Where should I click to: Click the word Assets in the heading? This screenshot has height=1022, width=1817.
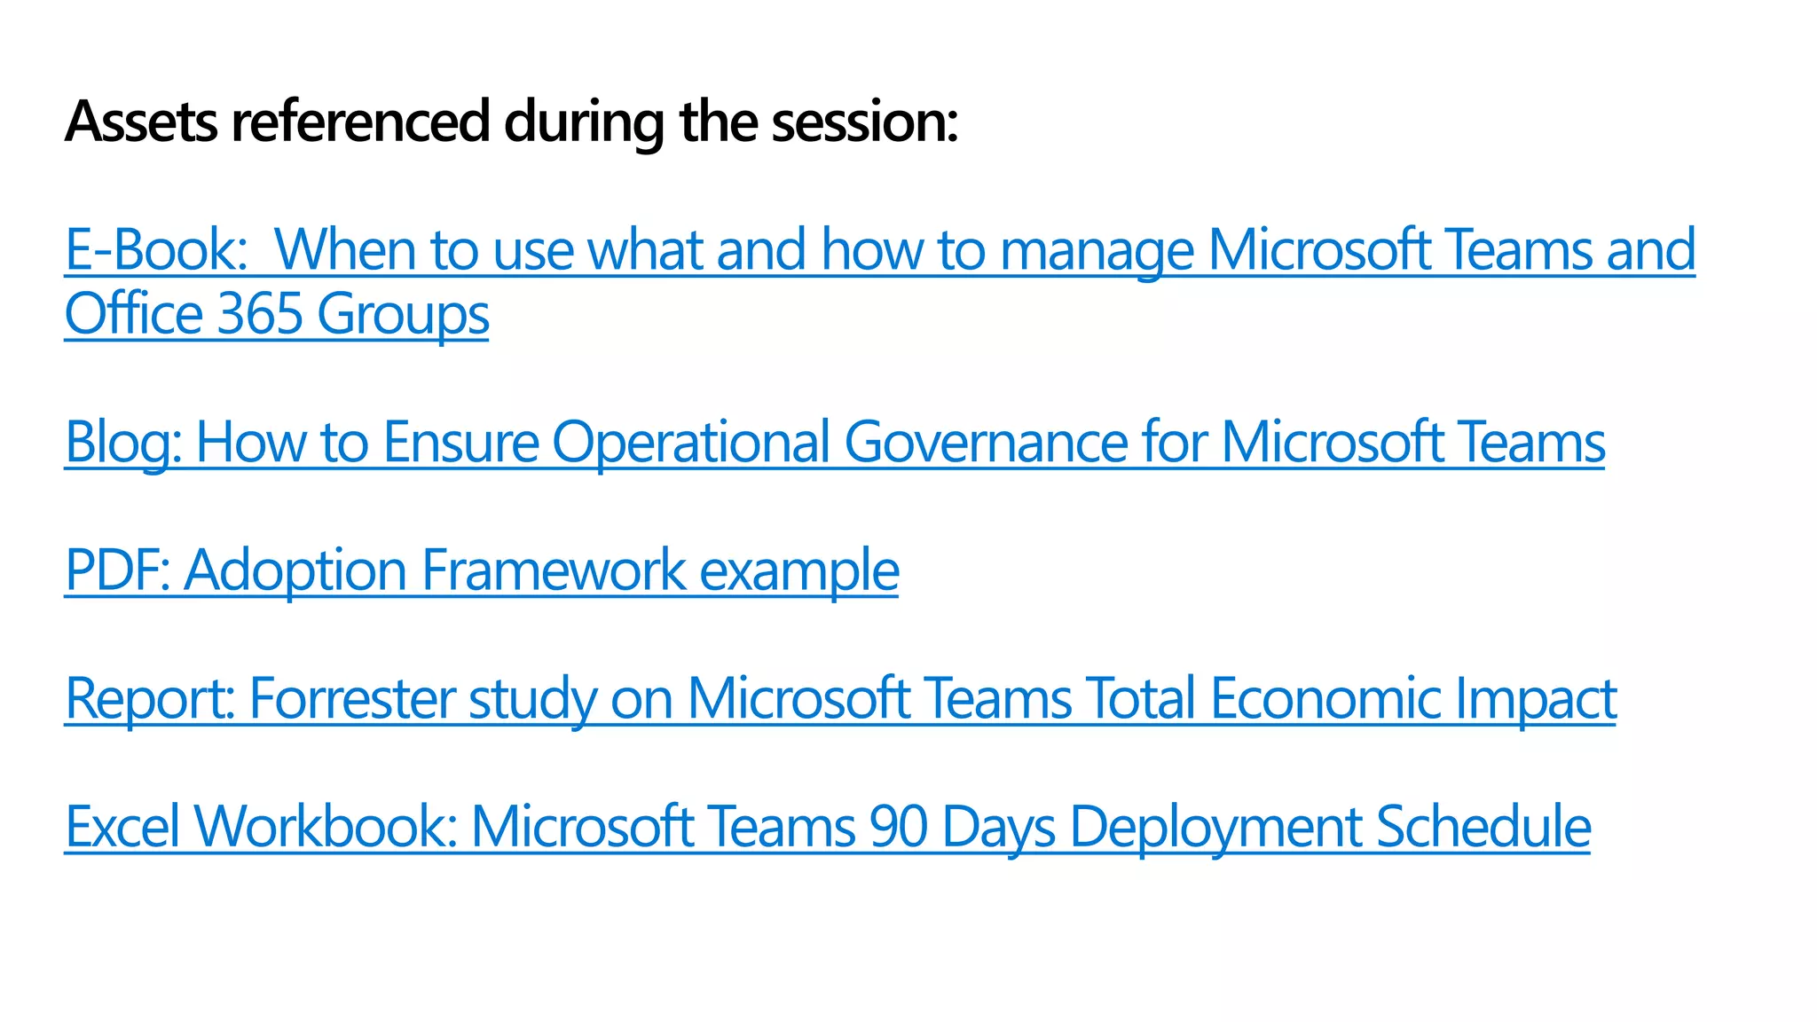(x=141, y=122)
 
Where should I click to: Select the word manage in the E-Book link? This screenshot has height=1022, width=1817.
(x=1096, y=249)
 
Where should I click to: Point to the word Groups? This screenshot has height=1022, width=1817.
(x=403, y=314)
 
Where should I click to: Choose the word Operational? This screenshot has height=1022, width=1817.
(x=691, y=442)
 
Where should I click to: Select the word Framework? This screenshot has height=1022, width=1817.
(x=554, y=570)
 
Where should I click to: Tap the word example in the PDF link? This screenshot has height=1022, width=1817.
(x=798, y=570)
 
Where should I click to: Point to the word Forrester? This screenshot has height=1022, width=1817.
(x=351, y=698)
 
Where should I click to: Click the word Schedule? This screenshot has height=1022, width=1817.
(x=1483, y=826)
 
